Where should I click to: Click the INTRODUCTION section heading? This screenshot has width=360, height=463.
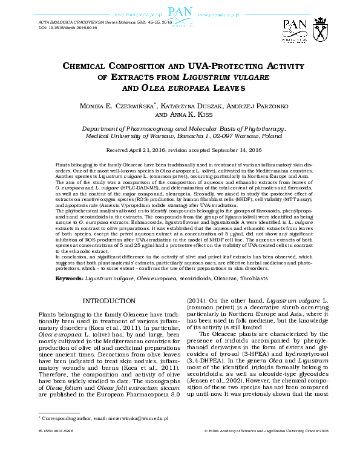pyautogui.click(x=105, y=301)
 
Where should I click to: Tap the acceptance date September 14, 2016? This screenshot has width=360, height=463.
pyautogui.click(x=234, y=149)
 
